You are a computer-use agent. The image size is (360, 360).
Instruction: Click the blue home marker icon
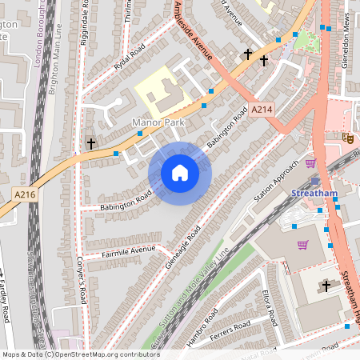pos(180,173)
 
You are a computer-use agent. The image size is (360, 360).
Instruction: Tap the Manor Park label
pos(158,122)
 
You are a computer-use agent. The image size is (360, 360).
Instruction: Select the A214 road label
pos(262,109)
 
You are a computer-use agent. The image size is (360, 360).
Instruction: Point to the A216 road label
pos(24,194)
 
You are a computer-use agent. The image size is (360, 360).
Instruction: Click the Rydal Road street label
pos(129,57)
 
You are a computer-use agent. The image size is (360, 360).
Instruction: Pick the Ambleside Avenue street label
pos(192,31)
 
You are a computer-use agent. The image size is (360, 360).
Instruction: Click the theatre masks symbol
pos(348,138)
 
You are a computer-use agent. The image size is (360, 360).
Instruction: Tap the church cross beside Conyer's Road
pos(91,144)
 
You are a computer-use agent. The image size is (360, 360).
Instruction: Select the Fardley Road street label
pos(5,301)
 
